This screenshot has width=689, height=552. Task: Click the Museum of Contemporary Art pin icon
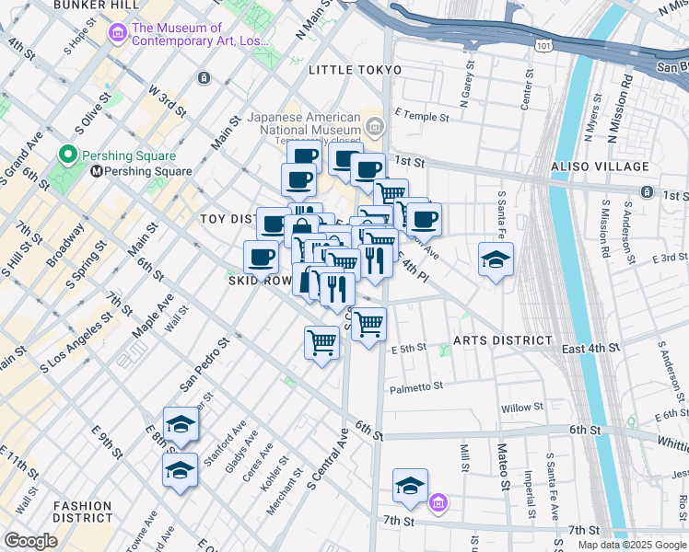click(x=118, y=35)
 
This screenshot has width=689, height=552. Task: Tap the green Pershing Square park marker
click(x=67, y=155)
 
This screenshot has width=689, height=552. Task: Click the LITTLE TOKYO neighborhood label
click(x=356, y=70)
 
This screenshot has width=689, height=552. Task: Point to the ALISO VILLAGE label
click(x=600, y=167)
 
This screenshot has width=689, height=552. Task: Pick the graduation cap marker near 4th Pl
click(x=496, y=260)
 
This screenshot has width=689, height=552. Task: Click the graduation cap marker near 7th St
click(x=410, y=487)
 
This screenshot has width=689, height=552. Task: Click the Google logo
click(x=29, y=541)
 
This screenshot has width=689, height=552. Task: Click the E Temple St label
click(x=421, y=118)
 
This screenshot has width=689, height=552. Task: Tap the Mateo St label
click(x=503, y=466)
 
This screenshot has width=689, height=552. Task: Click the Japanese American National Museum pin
click(x=374, y=125)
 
